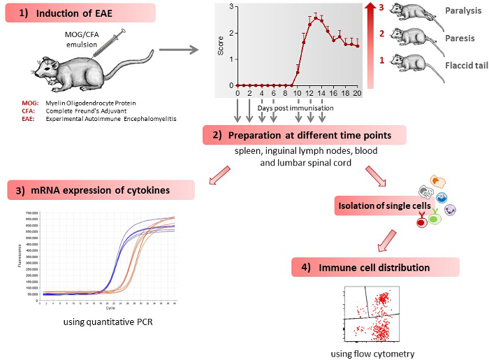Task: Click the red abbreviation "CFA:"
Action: pos(30,111)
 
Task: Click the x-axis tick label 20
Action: pos(357,93)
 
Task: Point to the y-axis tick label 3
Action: pos(231,6)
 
